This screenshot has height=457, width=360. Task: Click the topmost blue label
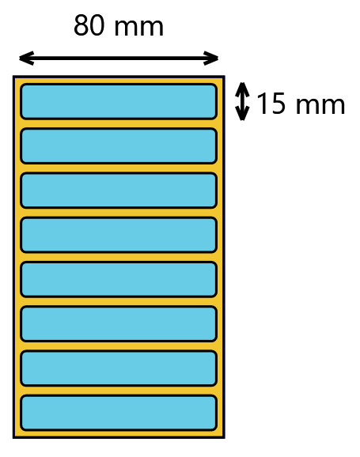[x=119, y=101]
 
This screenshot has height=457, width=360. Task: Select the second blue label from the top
[x=119, y=145]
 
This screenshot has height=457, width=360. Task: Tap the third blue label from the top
[x=119, y=191]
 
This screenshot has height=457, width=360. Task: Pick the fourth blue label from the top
[x=119, y=235]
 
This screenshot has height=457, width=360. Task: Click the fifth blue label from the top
[x=119, y=279]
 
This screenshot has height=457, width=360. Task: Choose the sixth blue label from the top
[x=119, y=323]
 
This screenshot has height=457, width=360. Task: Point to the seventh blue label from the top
[x=119, y=368]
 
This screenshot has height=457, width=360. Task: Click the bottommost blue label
[x=119, y=413]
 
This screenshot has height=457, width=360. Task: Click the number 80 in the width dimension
[x=89, y=25]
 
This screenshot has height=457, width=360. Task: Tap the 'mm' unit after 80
[x=139, y=28]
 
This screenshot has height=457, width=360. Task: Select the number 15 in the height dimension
[x=271, y=103]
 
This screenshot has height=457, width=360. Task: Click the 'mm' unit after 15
[x=320, y=106]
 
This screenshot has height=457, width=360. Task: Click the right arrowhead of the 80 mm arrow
[x=210, y=59]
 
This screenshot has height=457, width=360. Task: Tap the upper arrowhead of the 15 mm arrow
[x=242, y=89]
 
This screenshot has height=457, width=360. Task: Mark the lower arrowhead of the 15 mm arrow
[x=242, y=113]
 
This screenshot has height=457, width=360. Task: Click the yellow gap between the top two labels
[x=119, y=123]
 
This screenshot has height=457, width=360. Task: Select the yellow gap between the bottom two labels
[x=119, y=391]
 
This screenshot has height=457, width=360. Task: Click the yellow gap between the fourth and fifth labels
[x=119, y=257]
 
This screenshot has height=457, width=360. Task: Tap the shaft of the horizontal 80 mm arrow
[x=119, y=59]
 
